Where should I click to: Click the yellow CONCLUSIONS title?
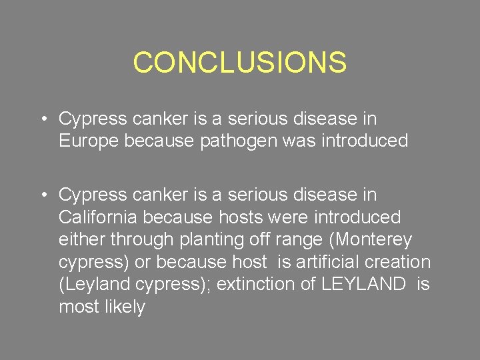pos(239,63)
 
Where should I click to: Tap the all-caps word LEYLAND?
pos(363,285)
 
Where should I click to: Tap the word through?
pos(142,240)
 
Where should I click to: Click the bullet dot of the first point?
pos(42,119)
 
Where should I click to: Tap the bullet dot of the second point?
pos(42,195)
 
